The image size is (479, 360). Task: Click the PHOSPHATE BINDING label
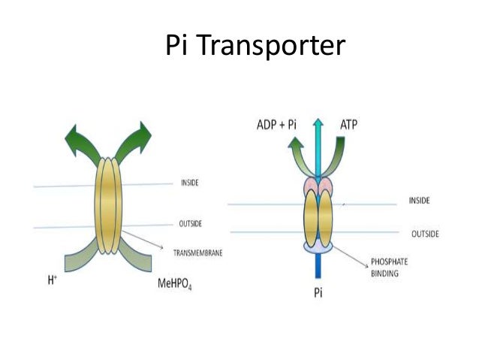coord(391,268)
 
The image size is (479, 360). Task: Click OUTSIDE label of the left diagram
coord(192,223)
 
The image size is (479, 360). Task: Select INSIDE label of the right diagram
coord(420,201)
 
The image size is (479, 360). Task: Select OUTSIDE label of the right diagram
coord(424,234)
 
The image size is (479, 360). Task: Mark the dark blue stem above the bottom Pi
coord(320,267)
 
